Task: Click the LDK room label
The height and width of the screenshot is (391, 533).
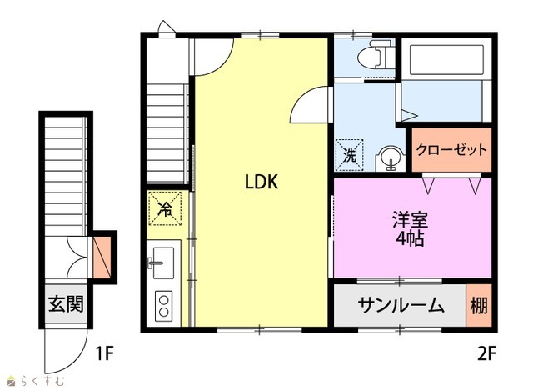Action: pos(262,182)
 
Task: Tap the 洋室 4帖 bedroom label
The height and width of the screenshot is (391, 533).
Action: pos(411,229)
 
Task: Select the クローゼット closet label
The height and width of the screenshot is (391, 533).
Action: pos(451,150)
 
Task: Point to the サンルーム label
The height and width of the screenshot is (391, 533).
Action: pos(401,306)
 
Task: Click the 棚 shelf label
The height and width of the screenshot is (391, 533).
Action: pos(479,306)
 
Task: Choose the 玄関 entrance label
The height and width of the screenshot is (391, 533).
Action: pos(66,304)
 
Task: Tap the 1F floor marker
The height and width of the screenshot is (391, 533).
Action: pos(104,354)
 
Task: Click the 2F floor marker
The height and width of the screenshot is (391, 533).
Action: pos(486,354)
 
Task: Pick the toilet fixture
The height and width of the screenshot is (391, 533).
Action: pos(376,55)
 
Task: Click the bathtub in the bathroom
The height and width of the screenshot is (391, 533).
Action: pos(447,60)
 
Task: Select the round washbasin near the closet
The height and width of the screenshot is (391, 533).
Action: pos(391,159)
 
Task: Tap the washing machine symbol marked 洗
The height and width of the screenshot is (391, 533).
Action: pos(350,155)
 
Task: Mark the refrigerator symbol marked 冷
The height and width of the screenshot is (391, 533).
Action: pos(166,208)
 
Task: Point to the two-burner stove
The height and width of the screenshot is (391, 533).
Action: pos(164,306)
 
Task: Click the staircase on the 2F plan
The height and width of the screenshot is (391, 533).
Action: pos(167,133)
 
